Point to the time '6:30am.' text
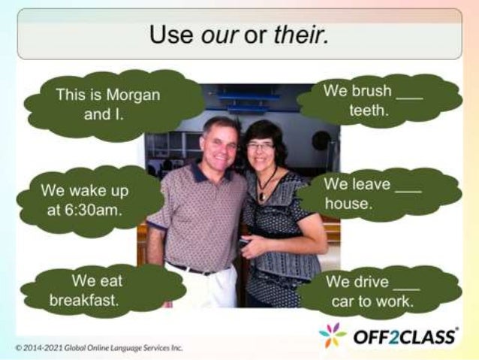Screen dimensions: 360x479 (84, 210)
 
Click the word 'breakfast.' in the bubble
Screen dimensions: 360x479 (85, 300)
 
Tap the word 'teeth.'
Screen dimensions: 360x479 (369, 110)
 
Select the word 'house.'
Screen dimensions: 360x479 (348, 204)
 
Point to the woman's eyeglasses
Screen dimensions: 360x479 (261, 145)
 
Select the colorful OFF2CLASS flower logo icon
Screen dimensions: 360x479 (333, 335)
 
